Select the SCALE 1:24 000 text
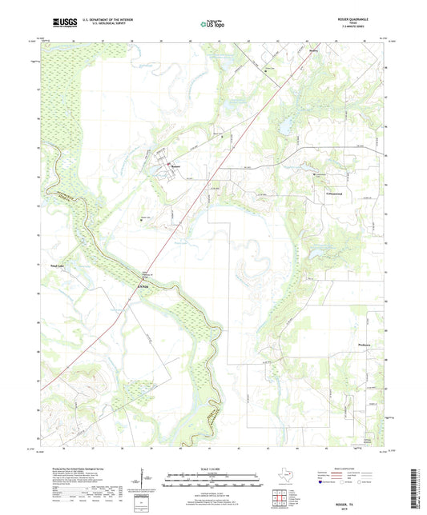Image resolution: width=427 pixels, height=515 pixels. click(213, 467)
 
